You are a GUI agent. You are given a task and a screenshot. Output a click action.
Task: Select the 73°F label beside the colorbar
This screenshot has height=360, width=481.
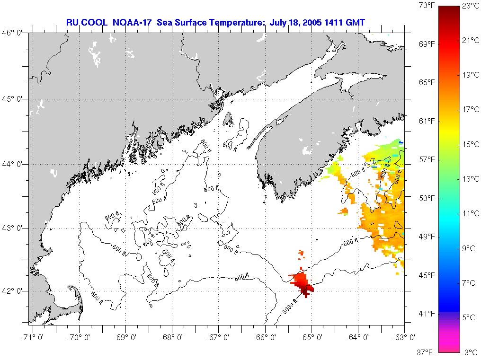pos(427,6)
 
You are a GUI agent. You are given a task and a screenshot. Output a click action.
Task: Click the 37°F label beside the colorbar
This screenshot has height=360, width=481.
pos(427,352)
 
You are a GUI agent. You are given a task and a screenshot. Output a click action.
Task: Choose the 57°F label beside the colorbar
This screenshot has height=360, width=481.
pos(427,159)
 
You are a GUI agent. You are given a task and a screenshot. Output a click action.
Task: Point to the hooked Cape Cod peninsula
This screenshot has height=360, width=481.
pos(76,296)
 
